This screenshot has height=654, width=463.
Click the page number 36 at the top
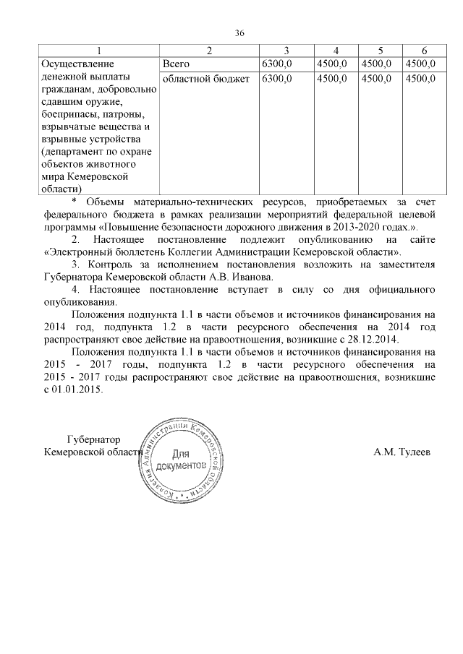point(240,32)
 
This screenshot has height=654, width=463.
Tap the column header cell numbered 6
point(424,50)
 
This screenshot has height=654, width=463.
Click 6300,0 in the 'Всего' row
point(276,64)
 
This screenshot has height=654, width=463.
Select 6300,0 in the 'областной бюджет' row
point(276,78)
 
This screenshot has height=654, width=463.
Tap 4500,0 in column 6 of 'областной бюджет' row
point(421,78)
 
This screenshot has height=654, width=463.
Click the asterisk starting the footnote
point(74,201)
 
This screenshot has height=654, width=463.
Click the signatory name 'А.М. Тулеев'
point(402,453)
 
